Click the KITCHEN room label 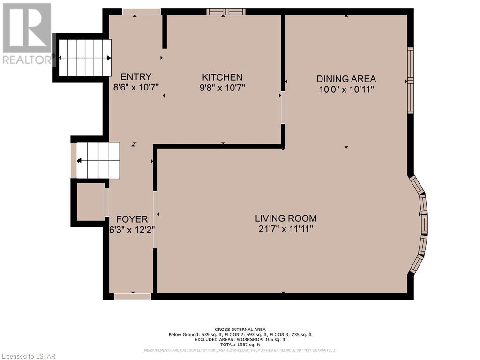tap(222, 77)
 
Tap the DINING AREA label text tap(346, 79)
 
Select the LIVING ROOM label tap(285, 218)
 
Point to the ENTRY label tap(136, 76)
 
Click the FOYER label tap(132, 219)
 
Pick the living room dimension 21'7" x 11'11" tap(285, 229)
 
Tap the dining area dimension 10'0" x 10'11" tap(346, 90)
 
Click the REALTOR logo tap(27, 34)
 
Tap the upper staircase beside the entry tap(85, 58)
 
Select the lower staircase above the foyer tap(98, 160)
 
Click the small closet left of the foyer tap(90, 202)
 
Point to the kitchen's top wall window tap(226, 12)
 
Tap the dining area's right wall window tap(411, 81)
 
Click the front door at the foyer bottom tap(133, 296)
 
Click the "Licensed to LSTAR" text tap(28, 356)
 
